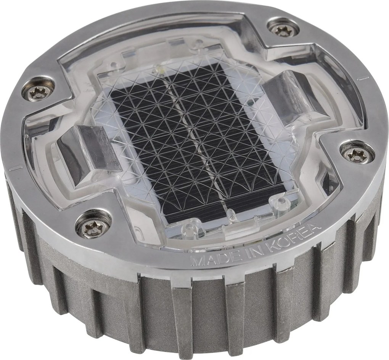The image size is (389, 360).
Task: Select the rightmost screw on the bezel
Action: (357, 154)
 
